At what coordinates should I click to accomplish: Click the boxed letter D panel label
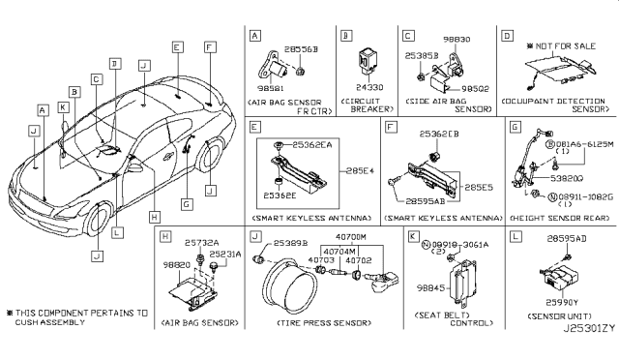click(507, 35)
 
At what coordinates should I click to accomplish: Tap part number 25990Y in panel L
click(563, 302)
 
